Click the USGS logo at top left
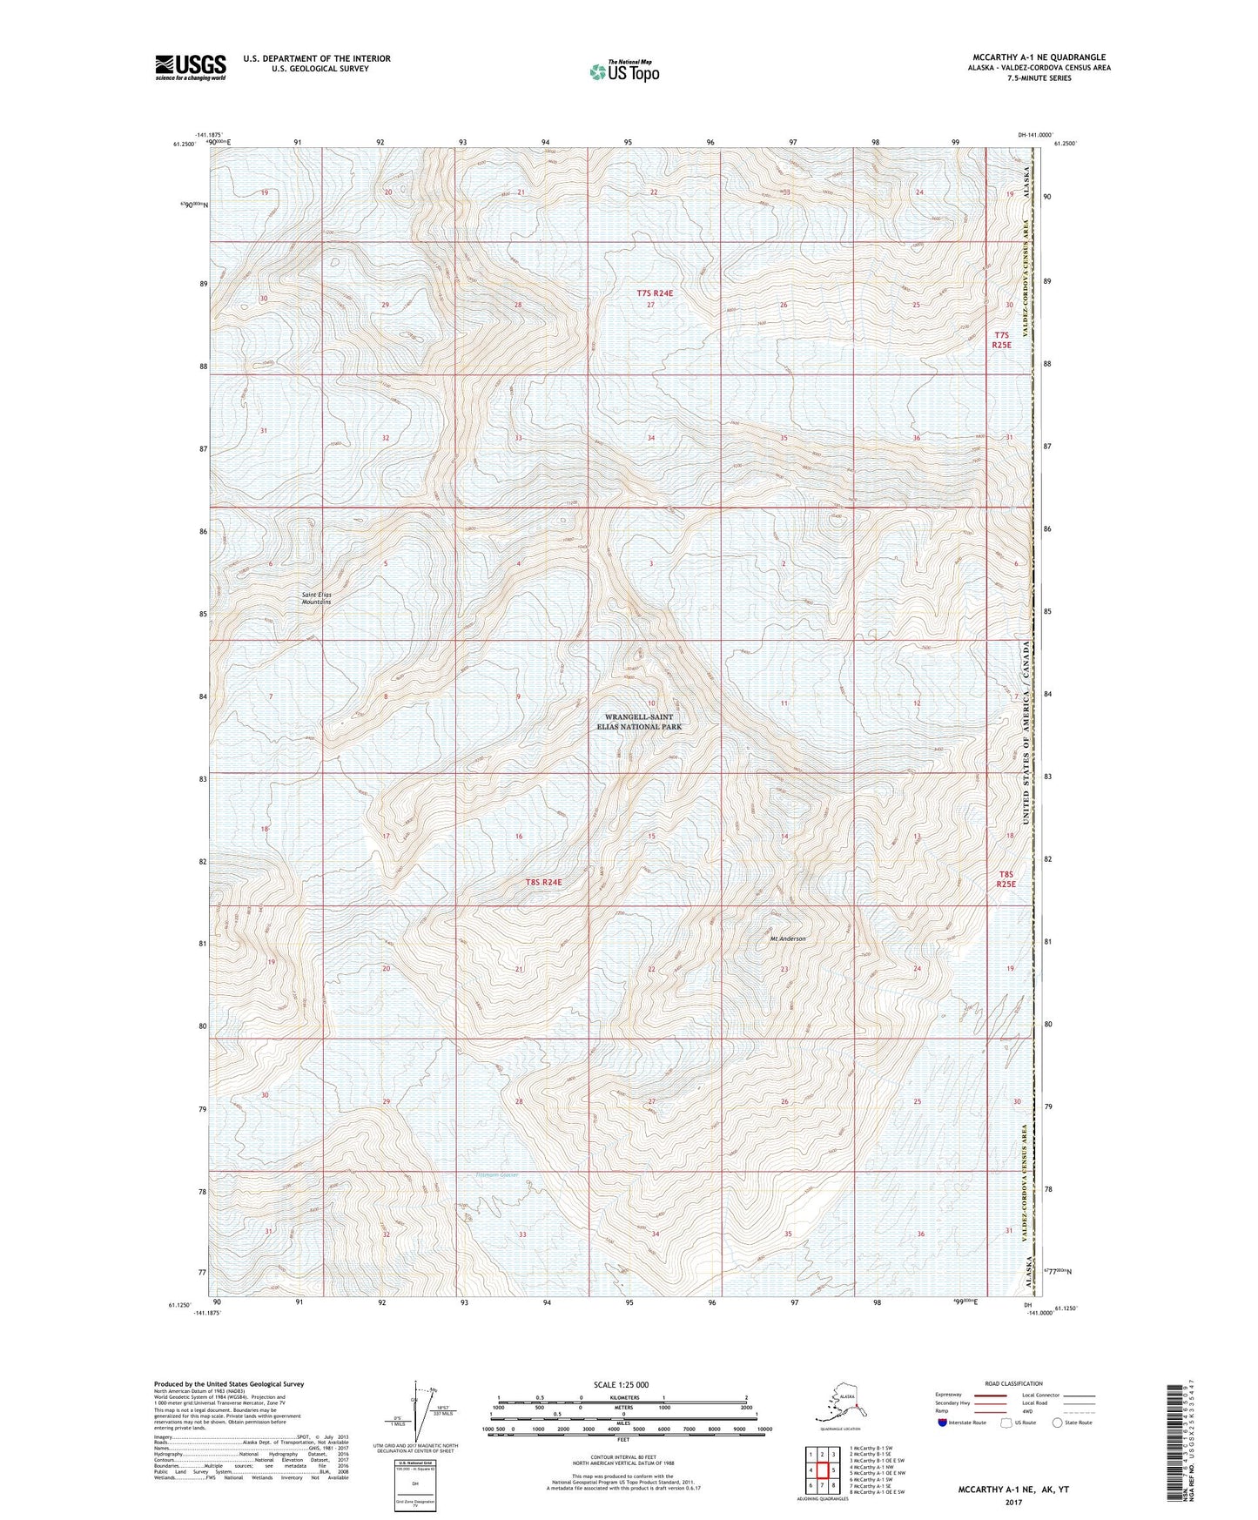pyautogui.click(x=190, y=67)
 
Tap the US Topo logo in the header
pyautogui.click(x=623, y=71)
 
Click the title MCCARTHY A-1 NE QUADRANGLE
pyautogui.click(x=1039, y=57)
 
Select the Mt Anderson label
pyautogui.click(x=788, y=938)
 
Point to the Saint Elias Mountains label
pyautogui.click(x=316, y=598)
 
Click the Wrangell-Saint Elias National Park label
pyautogui.click(x=638, y=722)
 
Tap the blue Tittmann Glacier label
pyautogui.click(x=496, y=1174)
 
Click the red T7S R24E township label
pyautogui.click(x=655, y=293)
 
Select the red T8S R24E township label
pyautogui.click(x=543, y=882)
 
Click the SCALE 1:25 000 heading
pyautogui.click(x=622, y=1384)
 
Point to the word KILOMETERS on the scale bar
pyautogui.click(x=622, y=1398)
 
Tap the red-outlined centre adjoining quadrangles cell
pyautogui.click(x=821, y=1470)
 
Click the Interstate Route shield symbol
pyautogui.click(x=944, y=1422)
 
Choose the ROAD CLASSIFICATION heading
pyautogui.click(x=1013, y=1383)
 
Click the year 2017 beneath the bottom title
pyautogui.click(x=1012, y=1502)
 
